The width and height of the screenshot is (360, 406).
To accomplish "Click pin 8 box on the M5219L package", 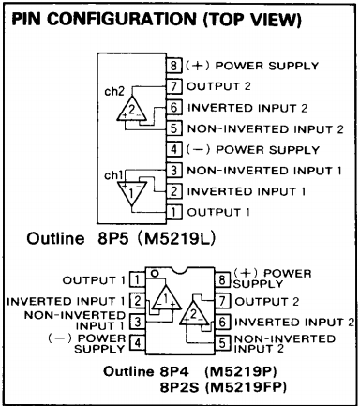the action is pos(173,66).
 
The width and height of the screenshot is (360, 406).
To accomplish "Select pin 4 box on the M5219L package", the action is pos(173,149).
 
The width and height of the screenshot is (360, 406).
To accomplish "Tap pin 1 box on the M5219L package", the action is pos(173,212).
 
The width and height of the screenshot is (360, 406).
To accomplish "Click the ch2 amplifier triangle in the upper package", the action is pos(131,110).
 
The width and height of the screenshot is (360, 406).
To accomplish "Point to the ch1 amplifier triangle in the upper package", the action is pos(132,192).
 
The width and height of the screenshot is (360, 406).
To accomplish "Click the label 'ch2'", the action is pos(114,91).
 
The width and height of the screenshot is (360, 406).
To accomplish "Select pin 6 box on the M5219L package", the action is pos(173,107).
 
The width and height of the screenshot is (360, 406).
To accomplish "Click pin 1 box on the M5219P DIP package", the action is pos(137,279).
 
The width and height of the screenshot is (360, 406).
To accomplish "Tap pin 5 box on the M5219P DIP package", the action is pos(222,343).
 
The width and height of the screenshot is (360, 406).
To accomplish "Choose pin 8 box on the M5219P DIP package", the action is pos(222,279).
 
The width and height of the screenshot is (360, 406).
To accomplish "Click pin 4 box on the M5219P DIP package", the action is pos(137,343).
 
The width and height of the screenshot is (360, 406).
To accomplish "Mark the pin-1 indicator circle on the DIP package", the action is pos(155,274).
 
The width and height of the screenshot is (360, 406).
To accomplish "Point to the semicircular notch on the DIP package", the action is pos(180,271).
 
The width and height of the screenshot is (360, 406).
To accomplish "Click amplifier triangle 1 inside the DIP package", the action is pos(166,297).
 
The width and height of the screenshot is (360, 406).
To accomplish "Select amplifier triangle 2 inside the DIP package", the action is pos(194,313).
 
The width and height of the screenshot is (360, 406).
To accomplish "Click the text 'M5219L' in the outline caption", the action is pos(176,239).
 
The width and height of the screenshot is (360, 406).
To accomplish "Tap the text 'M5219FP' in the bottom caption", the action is pos(246,387).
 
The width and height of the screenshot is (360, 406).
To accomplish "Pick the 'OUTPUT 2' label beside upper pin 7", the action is pos(218,86).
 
